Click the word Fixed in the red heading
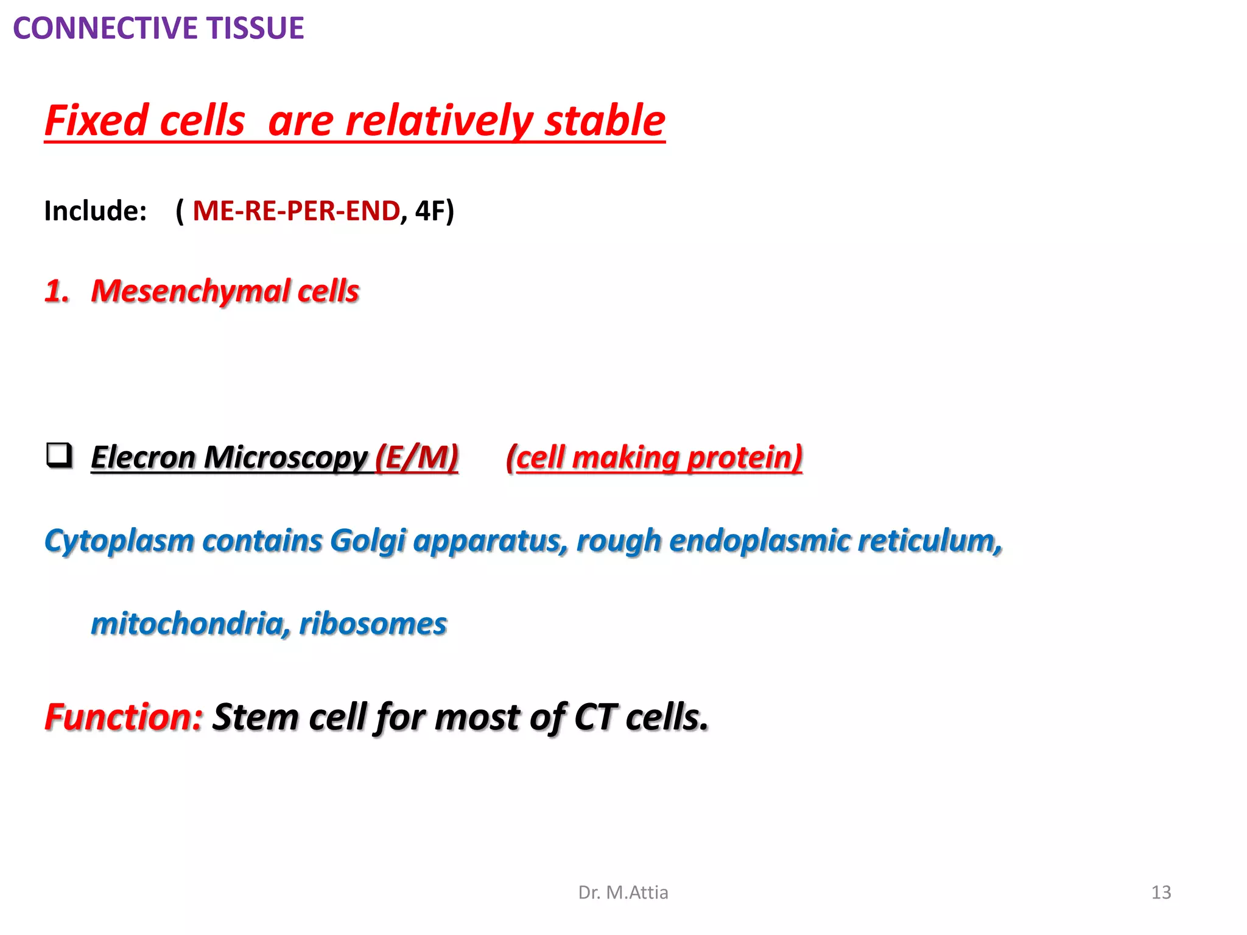pyautogui.click(x=96, y=121)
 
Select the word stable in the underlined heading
pyautogui.click(x=605, y=121)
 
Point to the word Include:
pyautogui.click(x=96, y=211)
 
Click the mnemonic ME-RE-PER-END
pyautogui.click(x=296, y=211)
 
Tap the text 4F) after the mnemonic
pyautogui.click(x=434, y=211)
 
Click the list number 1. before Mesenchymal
pyautogui.click(x=57, y=291)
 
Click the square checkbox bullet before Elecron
pyautogui.click(x=59, y=455)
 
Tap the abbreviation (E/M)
pyautogui.click(x=417, y=458)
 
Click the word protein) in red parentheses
pyautogui.click(x=744, y=458)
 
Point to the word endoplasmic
pyautogui.click(x=759, y=541)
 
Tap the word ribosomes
pyautogui.click(x=373, y=624)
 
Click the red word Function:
pyautogui.click(x=124, y=717)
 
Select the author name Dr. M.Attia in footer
pyautogui.click(x=623, y=892)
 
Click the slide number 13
pyautogui.click(x=1161, y=892)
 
